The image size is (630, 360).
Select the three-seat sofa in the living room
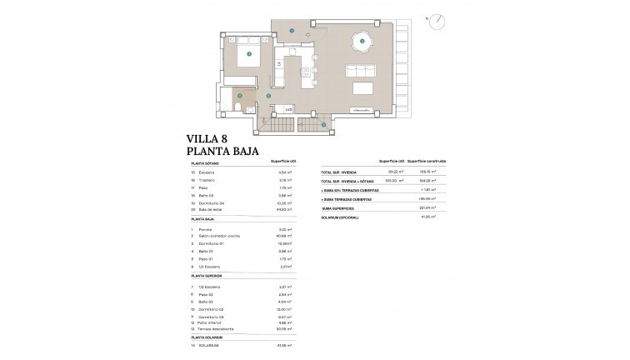click(x=362, y=70)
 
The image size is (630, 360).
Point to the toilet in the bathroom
click(x=237, y=109)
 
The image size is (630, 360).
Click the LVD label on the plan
click(x=288, y=109)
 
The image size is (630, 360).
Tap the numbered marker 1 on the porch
click(x=292, y=31)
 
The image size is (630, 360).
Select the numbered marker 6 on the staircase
click(x=324, y=125)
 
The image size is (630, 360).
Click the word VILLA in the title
click(x=207, y=140)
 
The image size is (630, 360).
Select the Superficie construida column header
click(x=430, y=161)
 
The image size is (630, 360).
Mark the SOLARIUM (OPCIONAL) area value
click(x=431, y=217)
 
